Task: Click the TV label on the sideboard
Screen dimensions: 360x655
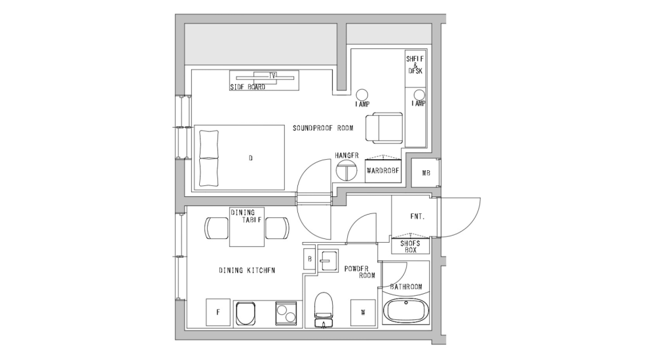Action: click(x=272, y=76)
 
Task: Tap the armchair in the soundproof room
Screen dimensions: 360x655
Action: click(x=384, y=127)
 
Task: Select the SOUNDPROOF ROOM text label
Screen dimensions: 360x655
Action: click(x=323, y=128)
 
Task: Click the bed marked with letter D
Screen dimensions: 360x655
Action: click(x=240, y=158)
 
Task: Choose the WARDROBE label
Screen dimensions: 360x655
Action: click(x=383, y=171)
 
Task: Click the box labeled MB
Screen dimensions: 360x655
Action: click(x=426, y=173)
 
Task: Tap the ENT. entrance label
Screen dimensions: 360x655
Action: click(x=417, y=215)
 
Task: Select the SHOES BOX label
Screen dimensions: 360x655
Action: click(x=410, y=246)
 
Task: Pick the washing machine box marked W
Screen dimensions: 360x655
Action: click(x=362, y=312)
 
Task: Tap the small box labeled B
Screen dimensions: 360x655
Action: click(x=309, y=259)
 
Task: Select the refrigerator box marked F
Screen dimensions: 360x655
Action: click(x=217, y=312)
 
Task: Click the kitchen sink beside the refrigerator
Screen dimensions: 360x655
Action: click(x=246, y=313)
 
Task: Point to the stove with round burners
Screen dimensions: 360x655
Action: click(x=287, y=313)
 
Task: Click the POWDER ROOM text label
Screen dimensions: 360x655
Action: click(x=359, y=272)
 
